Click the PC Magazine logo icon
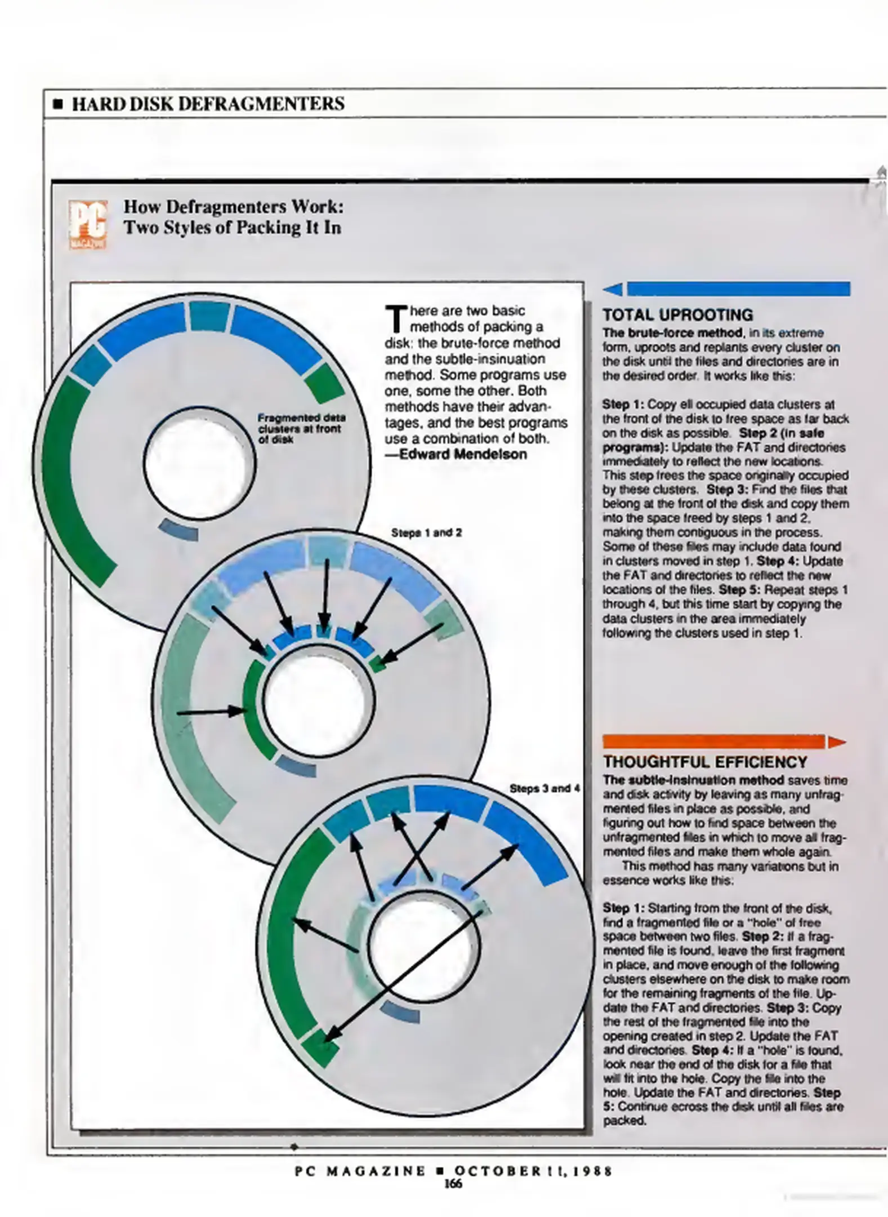[87, 224]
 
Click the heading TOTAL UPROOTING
[677, 314]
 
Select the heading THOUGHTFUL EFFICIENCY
[705, 762]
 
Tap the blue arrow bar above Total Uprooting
[726, 289]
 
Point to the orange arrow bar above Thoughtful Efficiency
[724, 741]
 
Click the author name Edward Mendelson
[463, 454]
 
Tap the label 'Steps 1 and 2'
[426, 532]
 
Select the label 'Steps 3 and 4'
[545, 789]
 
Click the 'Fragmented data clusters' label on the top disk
[301, 428]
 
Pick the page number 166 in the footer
[453, 1184]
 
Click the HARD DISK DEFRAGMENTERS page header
[208, 104]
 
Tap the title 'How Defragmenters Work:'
[234, 207]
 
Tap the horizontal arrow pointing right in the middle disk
[211, 712]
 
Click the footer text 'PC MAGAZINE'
[360, 1171]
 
